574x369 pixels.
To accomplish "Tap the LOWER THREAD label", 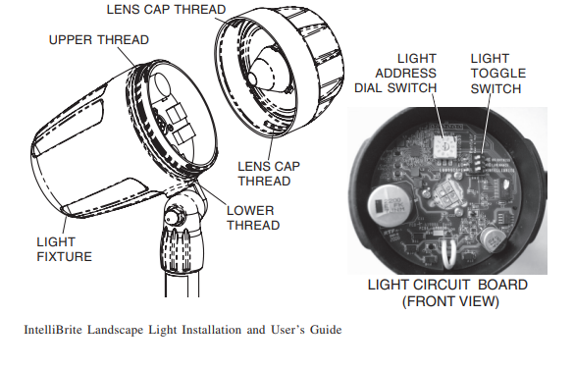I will tap(251, 217).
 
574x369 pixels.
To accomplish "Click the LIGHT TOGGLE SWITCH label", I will tap(497, 74).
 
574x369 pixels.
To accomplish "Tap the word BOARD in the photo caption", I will tap(499, 285).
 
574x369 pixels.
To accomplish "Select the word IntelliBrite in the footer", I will tap(54, 331).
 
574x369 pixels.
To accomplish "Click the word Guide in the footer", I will tap(325, 331).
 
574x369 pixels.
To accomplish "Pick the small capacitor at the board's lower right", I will tap(495, 237).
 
